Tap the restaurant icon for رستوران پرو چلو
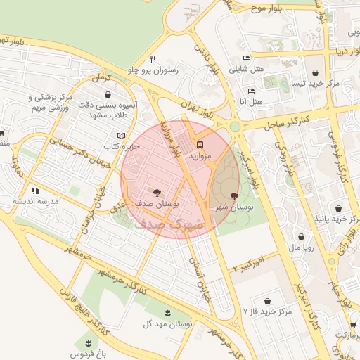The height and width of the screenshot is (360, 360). pos(153,59)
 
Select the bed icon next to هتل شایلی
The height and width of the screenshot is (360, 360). pos(246,58)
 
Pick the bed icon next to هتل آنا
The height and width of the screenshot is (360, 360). pos(251,91)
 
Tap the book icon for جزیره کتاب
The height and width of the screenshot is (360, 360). pos(121,136)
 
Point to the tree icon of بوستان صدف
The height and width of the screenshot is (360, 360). pos(156,191)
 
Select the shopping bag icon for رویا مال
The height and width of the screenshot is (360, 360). pos(302,237)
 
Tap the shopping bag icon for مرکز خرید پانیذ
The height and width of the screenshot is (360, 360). pos(339,208)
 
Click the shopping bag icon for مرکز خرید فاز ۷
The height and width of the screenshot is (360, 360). pos(266,300)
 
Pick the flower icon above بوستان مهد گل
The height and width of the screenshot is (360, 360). pos(167,313)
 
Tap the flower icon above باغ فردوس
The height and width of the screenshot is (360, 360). pos(88,342)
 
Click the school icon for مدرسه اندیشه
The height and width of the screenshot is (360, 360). pos(34,190)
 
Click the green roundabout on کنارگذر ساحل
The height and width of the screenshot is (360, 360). pos(235,127)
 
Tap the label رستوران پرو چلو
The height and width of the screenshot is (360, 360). pos(153,70)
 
